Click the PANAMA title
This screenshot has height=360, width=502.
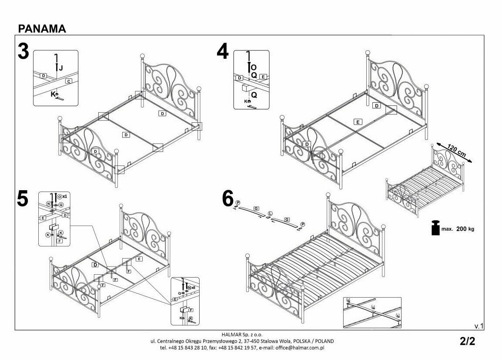point(42,29)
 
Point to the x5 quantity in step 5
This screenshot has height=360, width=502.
point(193,288)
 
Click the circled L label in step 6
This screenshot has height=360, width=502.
point(270,213)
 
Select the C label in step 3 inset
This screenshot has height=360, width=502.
point(69,81)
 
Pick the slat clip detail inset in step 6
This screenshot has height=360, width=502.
point(372,312)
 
